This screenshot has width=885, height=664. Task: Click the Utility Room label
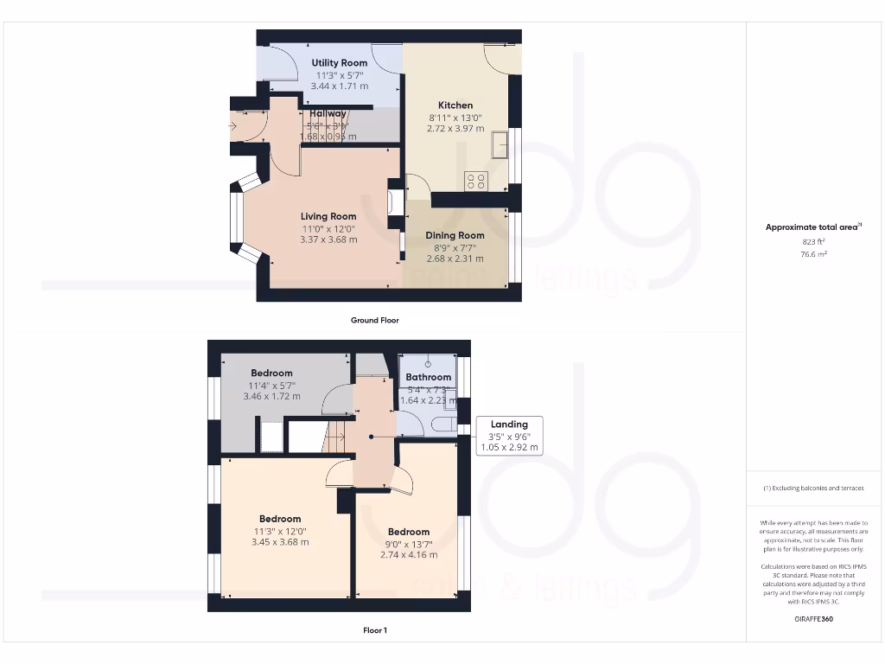[340, 63]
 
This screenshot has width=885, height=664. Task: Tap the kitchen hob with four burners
[476, 181]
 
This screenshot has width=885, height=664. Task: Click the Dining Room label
[455, 235]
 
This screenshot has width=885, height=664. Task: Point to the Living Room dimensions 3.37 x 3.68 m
[328, 239]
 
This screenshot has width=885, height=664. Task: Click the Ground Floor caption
[374, 320]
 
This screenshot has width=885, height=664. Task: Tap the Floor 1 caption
[374, 630]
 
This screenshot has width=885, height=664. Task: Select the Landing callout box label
[509, 424]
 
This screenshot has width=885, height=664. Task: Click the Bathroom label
[429, 377]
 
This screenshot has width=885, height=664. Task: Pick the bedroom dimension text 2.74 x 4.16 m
[409, 555]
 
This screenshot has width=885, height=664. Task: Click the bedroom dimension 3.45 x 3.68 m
[280, 542]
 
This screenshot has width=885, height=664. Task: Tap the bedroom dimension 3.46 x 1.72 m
[271, 396]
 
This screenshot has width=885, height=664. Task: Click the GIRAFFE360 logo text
[813, 619]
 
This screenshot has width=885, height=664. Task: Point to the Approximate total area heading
[813, 227]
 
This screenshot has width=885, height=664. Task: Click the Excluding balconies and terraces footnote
[813, 488]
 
